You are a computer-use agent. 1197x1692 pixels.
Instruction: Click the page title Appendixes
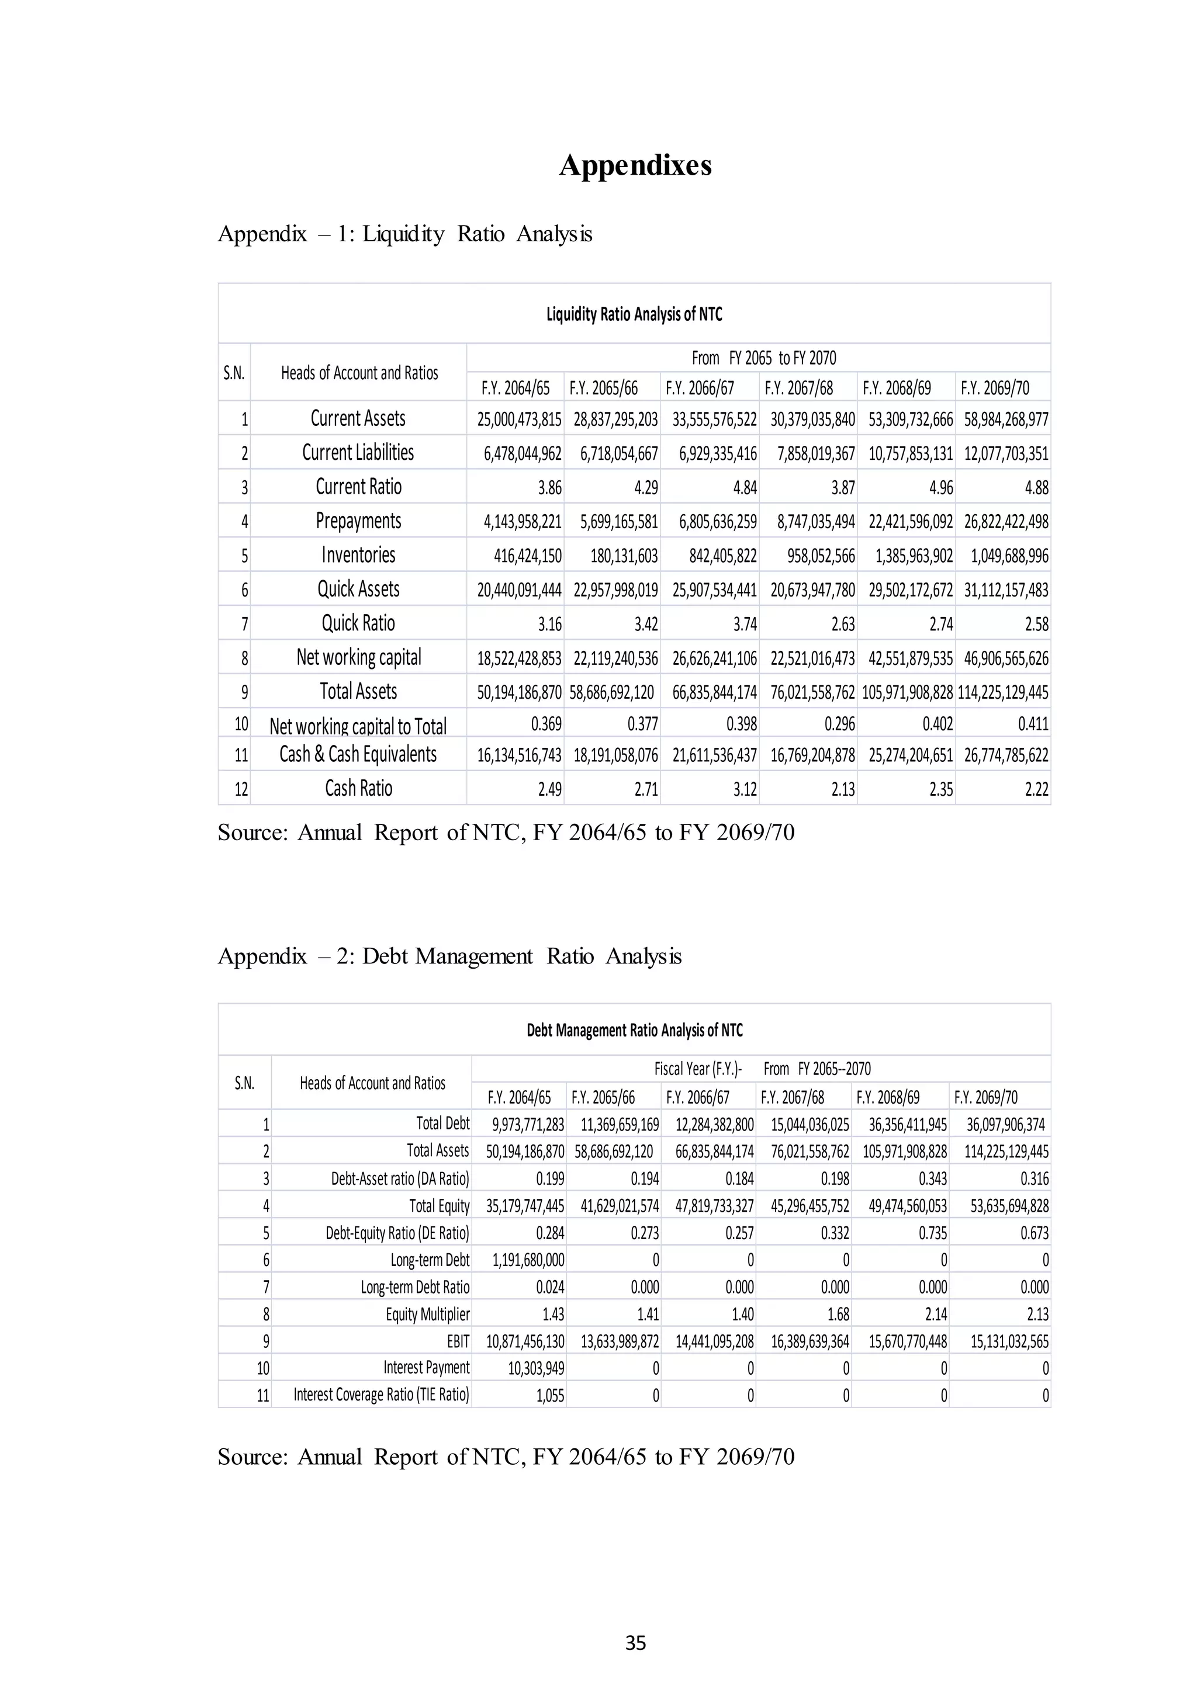click(635, 165)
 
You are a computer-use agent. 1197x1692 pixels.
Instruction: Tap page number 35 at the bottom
click(635, 1642)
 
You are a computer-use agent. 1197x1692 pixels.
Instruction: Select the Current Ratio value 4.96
click(940, 488)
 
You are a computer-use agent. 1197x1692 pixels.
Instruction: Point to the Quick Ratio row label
click(358, 623)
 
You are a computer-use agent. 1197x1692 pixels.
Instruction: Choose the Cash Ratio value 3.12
click(745, 790)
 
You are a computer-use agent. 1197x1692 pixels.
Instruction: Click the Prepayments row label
click(358, 521)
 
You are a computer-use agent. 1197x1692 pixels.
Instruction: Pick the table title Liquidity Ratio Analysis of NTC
click(634, 315)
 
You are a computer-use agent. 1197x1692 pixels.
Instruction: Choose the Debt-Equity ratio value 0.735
click(932, 1233)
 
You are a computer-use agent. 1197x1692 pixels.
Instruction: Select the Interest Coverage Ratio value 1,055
click(550, 1396)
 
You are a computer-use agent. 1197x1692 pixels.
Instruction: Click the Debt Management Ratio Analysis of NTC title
click(634, 1030)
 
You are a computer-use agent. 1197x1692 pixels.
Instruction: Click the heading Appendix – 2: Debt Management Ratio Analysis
click(449, 956)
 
